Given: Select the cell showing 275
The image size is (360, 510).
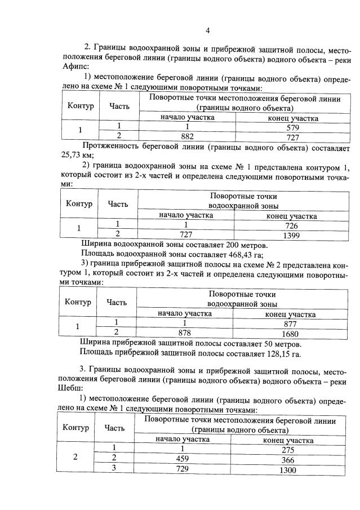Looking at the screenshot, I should (x=288, y=449).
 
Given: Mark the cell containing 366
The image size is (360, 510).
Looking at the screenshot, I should (x=288, y=459).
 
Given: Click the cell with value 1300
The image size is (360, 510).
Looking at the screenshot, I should (x=288, y=469).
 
